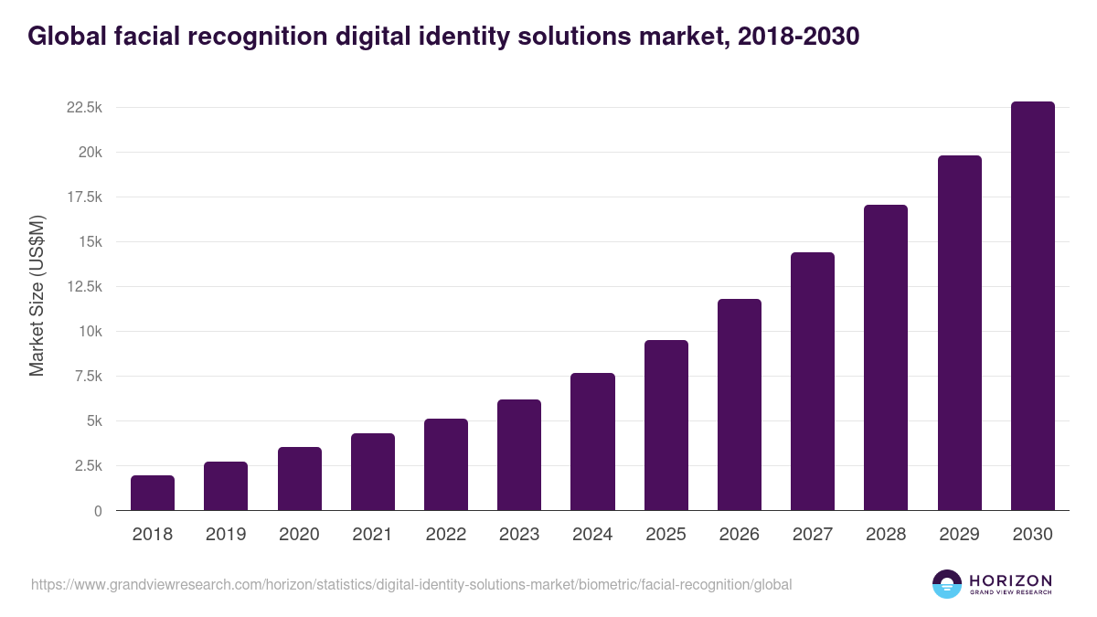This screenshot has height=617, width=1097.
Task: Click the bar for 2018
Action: pyautogui.click(x=153, y=493)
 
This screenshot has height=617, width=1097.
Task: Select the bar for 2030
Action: pyautogui.click(x=1032, y=306)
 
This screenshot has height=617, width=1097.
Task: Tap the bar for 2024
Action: pyautogui.click(x=592, y=441)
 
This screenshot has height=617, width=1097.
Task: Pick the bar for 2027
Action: pyautogui.click(x=813, y=381)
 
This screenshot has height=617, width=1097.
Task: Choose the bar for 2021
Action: pyautogui.click(x=373, y=472)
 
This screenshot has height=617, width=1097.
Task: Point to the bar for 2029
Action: pyautogui.click(x=959, y=333)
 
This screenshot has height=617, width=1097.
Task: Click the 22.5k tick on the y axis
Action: pyautogui.click(x=83, y=108)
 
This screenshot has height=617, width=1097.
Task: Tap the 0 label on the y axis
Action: pyautogui.click(x=97, y=511)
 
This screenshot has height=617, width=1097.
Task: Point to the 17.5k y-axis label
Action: pyautogui.click(x=83, y=197)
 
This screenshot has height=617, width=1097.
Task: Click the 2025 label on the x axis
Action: pyautogui.click(x=666, y=535)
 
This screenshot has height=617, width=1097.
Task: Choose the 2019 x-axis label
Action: pyautogui.click(x=226, y=535)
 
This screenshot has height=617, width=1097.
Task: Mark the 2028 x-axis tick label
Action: pyautogui.click(x=886, y=535)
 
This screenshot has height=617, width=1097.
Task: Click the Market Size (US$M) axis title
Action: pyautogui.click(x=37, y=295)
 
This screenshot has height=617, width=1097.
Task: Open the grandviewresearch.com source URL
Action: pyautogui.click(x=411, y=584)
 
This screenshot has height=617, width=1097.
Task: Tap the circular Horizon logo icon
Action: pyautogui.click(x=947, y=584)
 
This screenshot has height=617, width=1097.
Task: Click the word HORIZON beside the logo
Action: pyautogui.click(x=1010, y=580)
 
